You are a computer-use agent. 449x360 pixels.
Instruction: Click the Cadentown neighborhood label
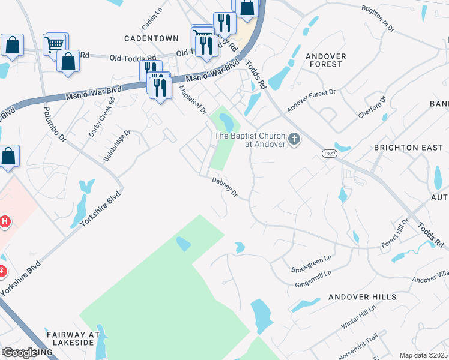(151, 38)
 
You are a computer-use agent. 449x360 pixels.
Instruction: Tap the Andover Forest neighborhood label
(325, 60)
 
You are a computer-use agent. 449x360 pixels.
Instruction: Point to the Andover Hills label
(362, 297)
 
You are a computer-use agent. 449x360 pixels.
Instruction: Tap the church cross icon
(294, 139)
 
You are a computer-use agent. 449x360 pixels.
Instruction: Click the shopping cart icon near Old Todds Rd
(54, 43)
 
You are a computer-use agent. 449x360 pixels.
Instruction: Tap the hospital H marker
(5, 222)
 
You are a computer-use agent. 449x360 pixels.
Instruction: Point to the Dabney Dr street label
(225, 187)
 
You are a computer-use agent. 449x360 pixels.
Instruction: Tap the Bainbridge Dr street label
(117, 146)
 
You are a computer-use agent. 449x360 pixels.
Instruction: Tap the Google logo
(20, 353)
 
